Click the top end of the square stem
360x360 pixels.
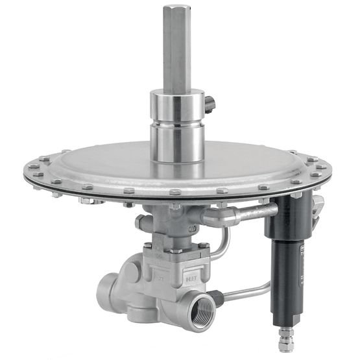pyautogui.click(x=176, y=8)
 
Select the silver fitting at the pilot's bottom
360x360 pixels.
pyautogui.click(x=284, y=339)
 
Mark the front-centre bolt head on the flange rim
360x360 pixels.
pyautogui.click(x=174, y=193)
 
